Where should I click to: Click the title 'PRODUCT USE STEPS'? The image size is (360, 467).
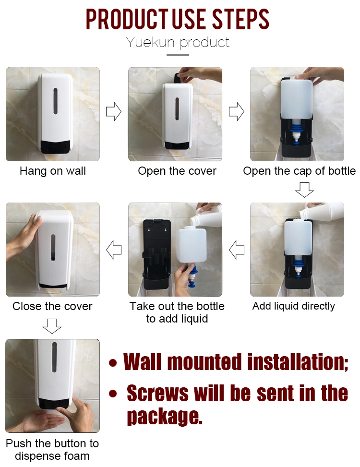click(178, 19)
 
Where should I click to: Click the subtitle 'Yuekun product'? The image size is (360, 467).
click(178, 42)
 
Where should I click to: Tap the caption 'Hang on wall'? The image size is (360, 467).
click(53, 171)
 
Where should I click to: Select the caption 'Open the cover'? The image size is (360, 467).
click(177, 171)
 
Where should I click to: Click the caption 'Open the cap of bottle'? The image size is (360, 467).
click(299, 171)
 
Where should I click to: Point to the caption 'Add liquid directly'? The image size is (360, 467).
click(293, 306)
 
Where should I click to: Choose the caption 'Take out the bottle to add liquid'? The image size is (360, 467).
click(177, 312)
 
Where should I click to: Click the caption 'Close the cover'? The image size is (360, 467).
click(52, 306)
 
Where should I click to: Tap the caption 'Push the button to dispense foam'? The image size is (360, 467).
click(52, 450)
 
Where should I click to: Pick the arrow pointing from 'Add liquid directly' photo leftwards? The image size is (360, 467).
click(237, 250)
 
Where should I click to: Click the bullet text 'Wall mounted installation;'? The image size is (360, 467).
click(235, 362)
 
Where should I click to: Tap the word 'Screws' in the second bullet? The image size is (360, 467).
click(157, 394)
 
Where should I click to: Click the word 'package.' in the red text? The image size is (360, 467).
click(164, 416)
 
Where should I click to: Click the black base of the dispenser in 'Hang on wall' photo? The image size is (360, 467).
click(53, 146)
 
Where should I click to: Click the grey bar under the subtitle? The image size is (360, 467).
click(178, 55)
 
